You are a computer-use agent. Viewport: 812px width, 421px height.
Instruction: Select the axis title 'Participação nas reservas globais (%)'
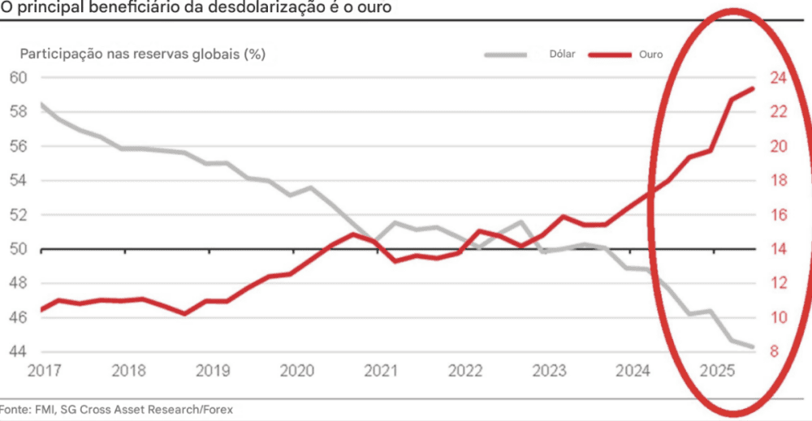143,54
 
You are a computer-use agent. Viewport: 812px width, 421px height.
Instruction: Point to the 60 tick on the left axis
19,78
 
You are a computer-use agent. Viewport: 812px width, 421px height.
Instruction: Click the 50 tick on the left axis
19,249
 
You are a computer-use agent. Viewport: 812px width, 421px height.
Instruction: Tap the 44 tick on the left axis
19,352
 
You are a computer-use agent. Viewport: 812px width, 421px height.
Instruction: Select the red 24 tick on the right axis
778,78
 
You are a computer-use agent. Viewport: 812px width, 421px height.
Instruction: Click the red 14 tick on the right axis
778,249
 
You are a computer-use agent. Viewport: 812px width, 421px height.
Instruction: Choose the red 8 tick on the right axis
775,352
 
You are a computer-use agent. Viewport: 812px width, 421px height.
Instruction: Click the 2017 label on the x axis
44,371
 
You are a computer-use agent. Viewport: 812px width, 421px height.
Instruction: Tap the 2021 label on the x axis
380,371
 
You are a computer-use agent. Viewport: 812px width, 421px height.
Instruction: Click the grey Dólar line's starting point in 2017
41,104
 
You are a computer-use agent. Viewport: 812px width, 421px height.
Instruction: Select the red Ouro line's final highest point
752,88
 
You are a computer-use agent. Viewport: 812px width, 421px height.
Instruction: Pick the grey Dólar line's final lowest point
752,346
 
